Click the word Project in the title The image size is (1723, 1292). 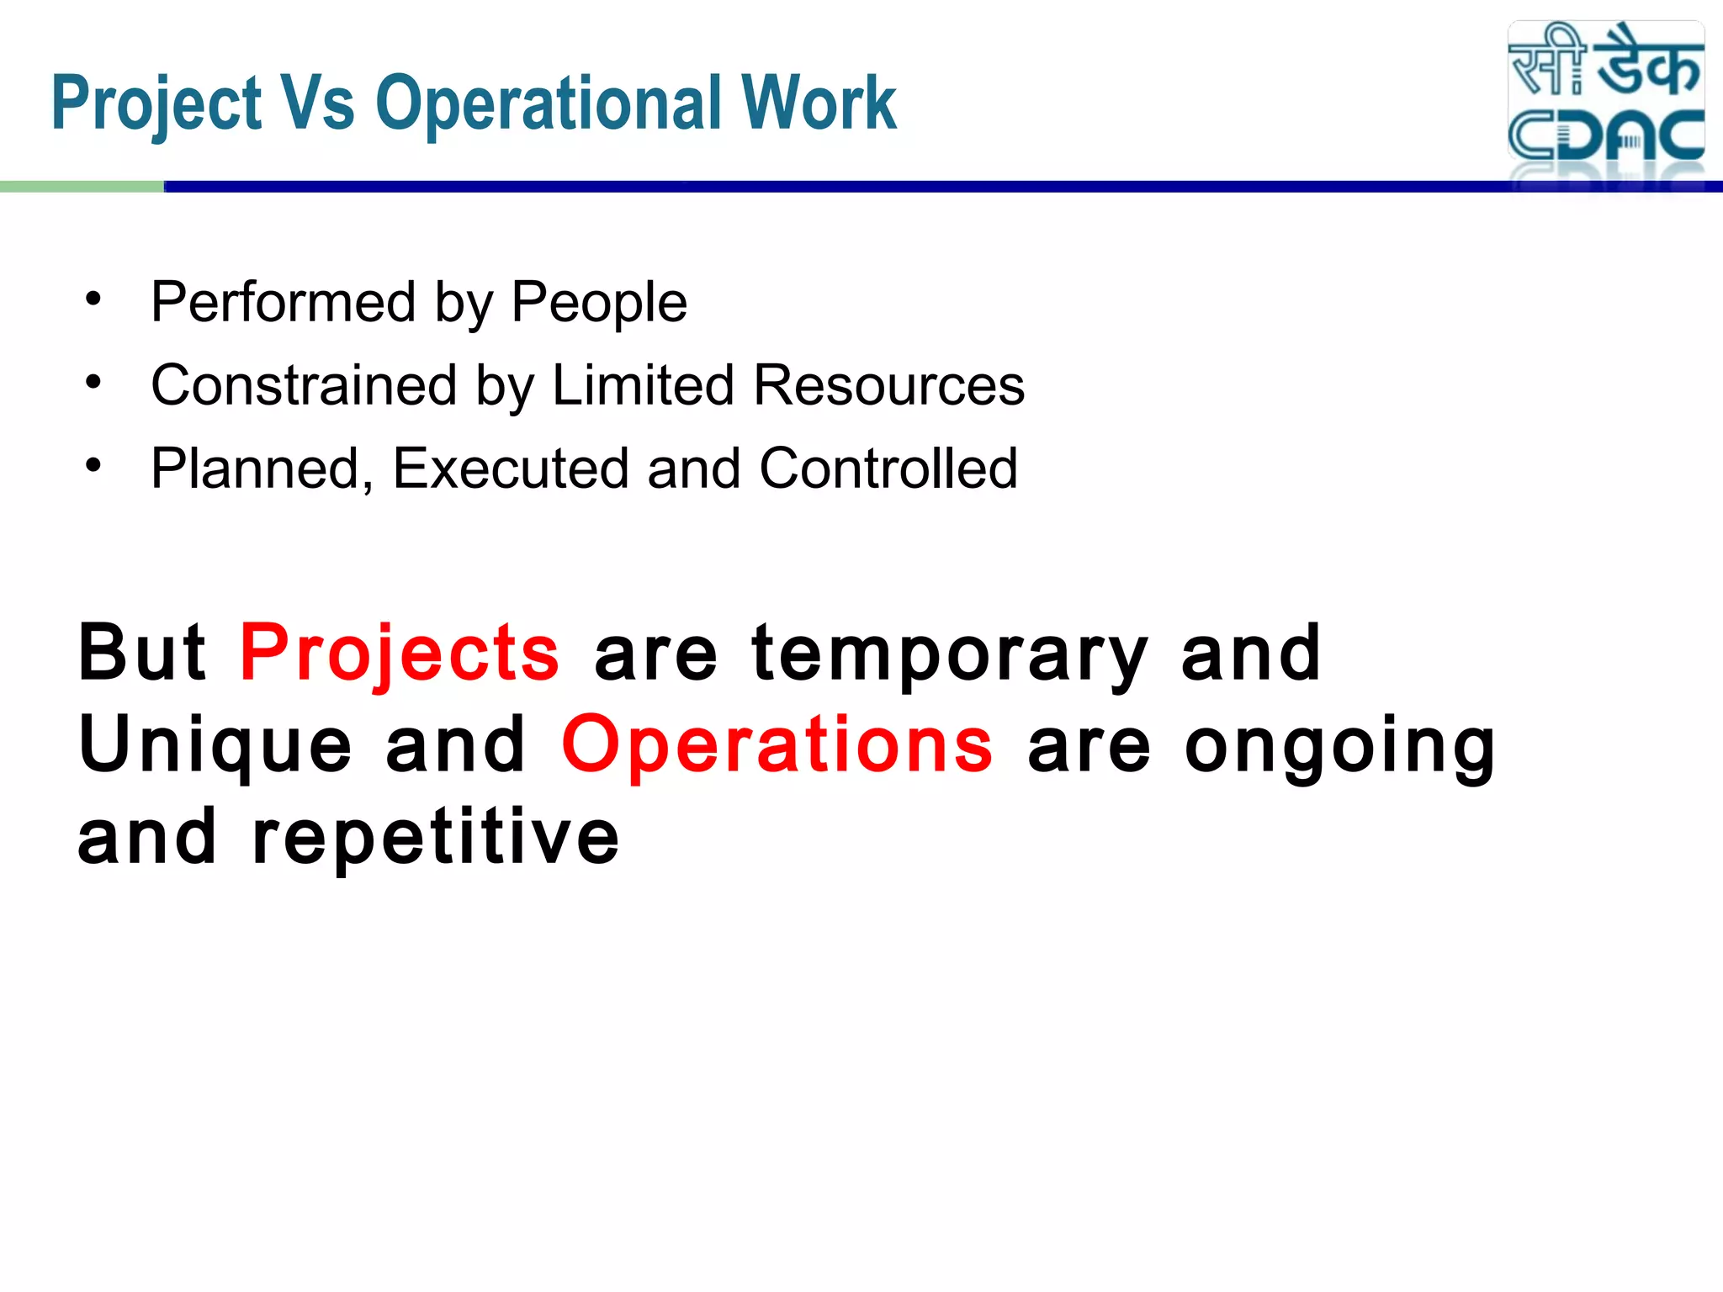click(x=156, y=104)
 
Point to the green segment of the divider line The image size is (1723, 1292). click(x=82, y=187)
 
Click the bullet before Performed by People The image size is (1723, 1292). click(x=93, y=299)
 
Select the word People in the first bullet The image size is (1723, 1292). click(x=599, y=302)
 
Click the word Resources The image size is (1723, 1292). click(x=888, y=385)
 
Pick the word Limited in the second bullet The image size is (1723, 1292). click(x=643, y=385)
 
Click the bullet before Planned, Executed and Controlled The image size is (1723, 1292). click(x=93, y=464)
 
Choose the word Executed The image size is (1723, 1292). click(x=510, y=468)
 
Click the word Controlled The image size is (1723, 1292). click(x=888, y=468)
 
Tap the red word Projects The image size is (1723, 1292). click(x=400, y=654)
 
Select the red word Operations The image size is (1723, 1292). click(x=777, y=745)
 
